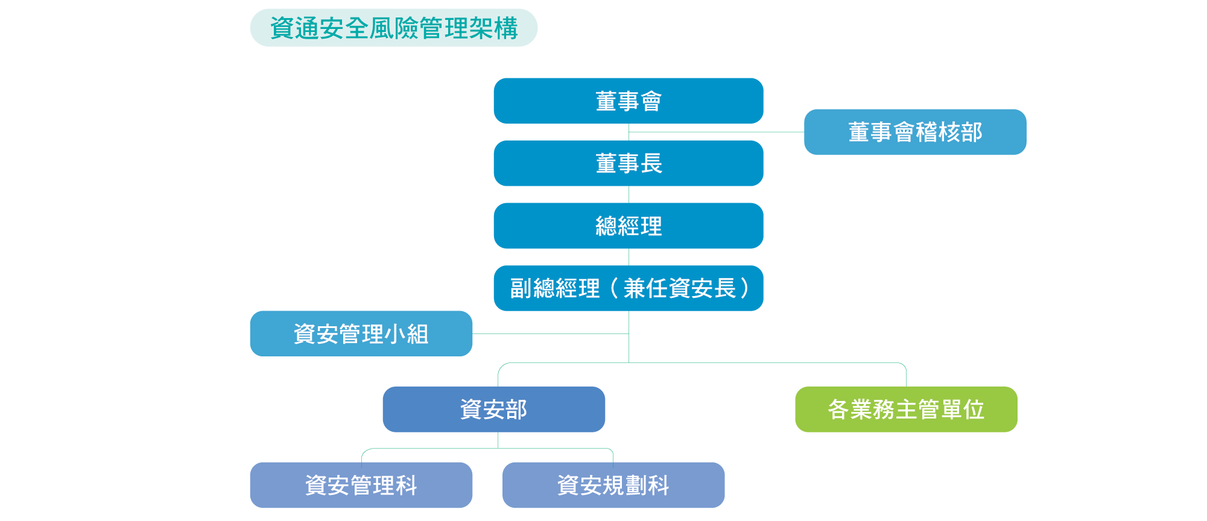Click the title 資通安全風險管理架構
(393, 28)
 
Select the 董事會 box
(628, 101)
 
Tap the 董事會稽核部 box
(914, 132)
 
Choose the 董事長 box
(628, 163)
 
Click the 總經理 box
(628, 226)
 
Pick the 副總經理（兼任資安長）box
(628, 288)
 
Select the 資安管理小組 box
(361, 333)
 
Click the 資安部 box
(493, 409)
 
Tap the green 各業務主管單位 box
(905, 409)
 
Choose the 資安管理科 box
(361, 485)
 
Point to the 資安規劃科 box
(613, 485)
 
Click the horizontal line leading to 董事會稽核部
(718, 131)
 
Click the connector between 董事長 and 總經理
(629, 194)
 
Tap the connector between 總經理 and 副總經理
(629, 257)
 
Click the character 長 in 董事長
(651, 163)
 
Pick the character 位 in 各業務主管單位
(974, 409)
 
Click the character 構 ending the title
(505, 28)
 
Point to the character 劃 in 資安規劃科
(635, 485)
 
